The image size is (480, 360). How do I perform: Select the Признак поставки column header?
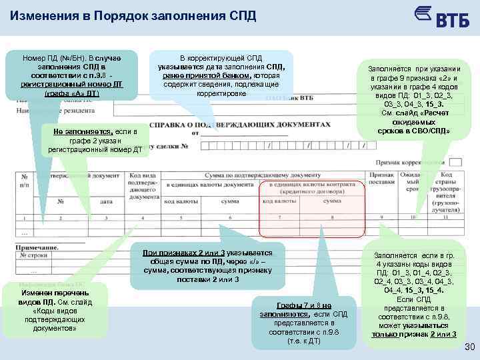pos(382,178)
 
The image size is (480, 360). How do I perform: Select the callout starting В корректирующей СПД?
pos(221,75)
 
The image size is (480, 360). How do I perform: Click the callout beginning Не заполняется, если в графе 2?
pos(94,141)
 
